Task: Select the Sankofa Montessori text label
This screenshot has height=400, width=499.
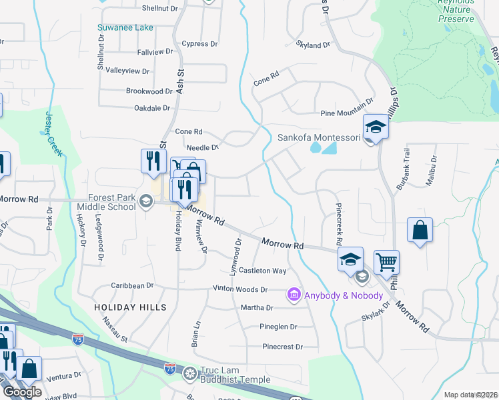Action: pos(319,138)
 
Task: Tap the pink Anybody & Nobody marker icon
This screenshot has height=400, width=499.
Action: pos(292,294)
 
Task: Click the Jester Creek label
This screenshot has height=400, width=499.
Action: pos(53,134)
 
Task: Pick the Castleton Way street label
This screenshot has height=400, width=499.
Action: pos(263,271)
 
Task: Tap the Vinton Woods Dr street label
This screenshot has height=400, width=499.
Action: pos(240,289)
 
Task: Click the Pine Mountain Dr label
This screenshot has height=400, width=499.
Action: pos(346,108)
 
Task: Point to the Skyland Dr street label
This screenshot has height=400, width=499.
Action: pos(313,45)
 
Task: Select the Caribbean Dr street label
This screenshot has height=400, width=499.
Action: pos(133,285)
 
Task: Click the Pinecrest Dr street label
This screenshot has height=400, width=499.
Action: pos(282,347)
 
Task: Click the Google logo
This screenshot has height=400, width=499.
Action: pos(22,392)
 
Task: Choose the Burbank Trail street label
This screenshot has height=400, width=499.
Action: pos(402,170)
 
